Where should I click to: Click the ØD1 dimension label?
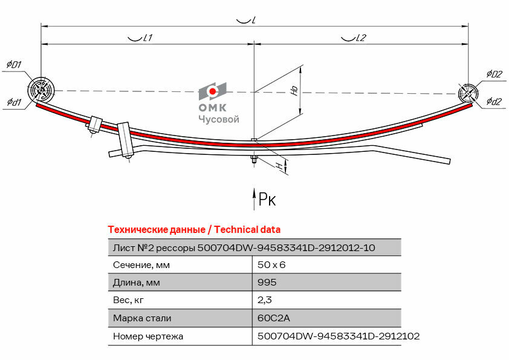coord(14,65)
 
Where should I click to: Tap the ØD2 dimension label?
coord(494,74)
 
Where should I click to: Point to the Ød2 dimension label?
coord(493,102)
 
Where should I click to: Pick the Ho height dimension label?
coord(294,91)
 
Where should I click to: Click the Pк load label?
coord(267,199)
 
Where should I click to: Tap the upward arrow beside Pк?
coord(254,198)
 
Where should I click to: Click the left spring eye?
coord(41,91)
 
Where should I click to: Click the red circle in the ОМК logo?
coord(213,92)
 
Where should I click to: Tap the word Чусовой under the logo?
coord(219,119)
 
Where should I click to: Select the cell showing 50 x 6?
coord(271,265)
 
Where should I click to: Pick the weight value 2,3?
coord(264,300)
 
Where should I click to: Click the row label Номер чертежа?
coord(148,336)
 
